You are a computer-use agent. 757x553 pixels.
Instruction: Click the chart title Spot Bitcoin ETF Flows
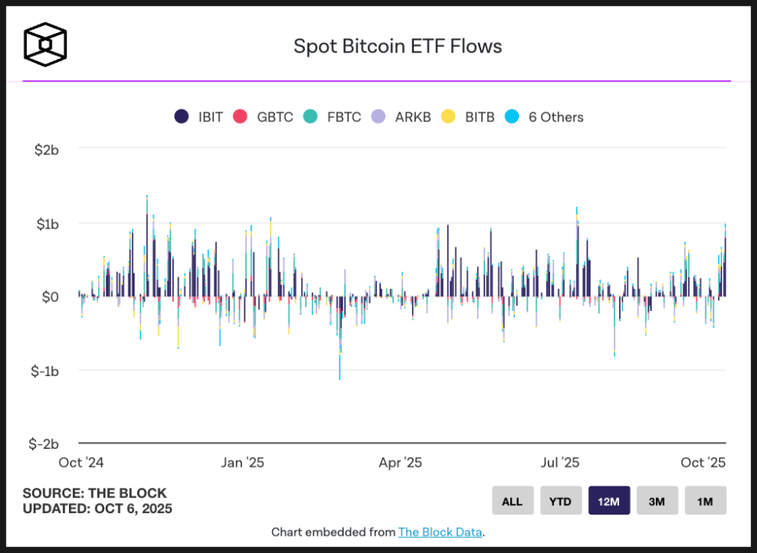coord(397,46)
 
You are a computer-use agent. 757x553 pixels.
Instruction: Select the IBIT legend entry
coord(199,117)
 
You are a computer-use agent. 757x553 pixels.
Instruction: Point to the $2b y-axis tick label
coord(46,149)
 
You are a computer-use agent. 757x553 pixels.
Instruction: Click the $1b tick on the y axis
coord(46,223)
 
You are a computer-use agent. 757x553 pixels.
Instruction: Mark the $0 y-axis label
coord(50,297)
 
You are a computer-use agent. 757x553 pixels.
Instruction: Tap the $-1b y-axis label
coord(45,370)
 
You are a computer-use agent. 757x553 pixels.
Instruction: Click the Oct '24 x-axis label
coord(81,463)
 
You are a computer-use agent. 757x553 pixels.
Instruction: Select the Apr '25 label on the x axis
coord(400,463)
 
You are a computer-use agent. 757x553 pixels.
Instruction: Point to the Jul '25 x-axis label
coord(560,463)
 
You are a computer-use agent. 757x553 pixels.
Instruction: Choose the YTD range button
coord(560,501)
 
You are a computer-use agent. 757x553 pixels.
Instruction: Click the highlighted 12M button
coord(609,501)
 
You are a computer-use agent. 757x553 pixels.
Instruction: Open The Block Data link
coord(440,533)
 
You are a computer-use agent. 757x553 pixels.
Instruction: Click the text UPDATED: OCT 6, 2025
coord(97,508)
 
